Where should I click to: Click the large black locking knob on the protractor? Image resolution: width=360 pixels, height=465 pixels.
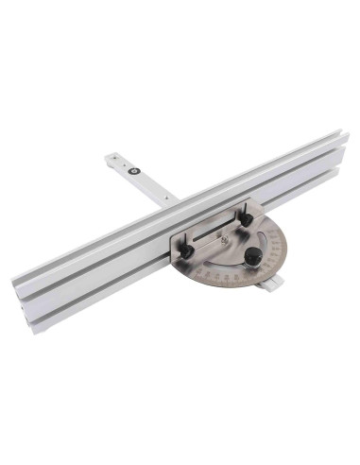253,256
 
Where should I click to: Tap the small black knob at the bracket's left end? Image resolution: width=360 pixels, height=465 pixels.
186,252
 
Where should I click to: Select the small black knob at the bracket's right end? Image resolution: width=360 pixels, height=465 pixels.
246,219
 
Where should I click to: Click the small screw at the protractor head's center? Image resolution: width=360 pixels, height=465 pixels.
224,239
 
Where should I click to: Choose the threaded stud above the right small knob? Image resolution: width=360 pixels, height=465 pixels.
242,209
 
